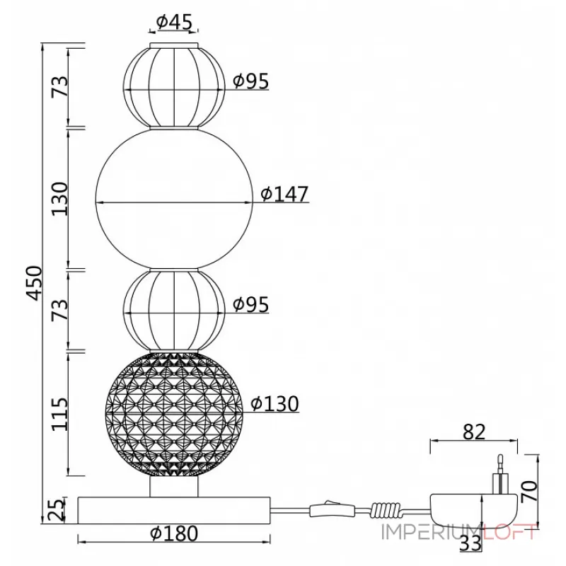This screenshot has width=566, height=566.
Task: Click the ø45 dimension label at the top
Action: tap(174, 22)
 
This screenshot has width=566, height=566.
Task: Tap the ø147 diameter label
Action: tap(284, 194)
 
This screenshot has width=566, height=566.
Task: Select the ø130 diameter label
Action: tap(275, 403)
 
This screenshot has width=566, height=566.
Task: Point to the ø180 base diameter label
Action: tap(174, 533)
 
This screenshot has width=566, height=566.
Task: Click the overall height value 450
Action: tap(35, 283)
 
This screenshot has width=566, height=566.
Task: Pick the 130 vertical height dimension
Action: tap(59, 199)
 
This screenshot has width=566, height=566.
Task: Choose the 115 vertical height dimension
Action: tap(59, 414)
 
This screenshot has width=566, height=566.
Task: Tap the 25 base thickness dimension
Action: tap(57, 509)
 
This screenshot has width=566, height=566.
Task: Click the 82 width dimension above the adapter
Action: tap(474, 432)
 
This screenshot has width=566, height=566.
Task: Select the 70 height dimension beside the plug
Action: tap(530, 490)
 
